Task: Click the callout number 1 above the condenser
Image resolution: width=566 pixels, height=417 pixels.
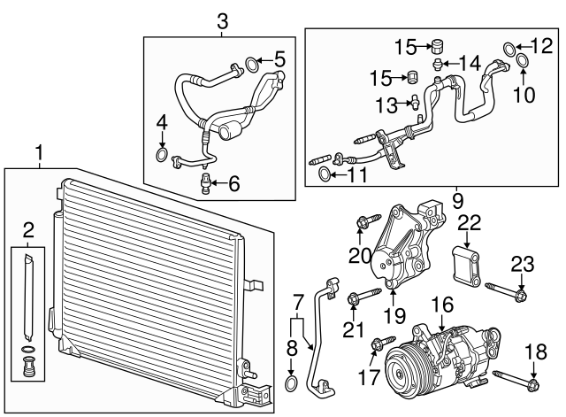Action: (38, 153)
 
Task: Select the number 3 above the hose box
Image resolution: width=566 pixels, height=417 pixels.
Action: (222, 20)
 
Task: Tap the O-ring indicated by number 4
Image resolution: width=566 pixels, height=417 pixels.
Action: (162, 157)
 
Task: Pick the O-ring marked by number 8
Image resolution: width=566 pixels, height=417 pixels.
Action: (293, 382)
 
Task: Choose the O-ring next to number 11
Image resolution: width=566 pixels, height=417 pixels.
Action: (325, 174)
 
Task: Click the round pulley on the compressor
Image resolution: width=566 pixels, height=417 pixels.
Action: (409, 370)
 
